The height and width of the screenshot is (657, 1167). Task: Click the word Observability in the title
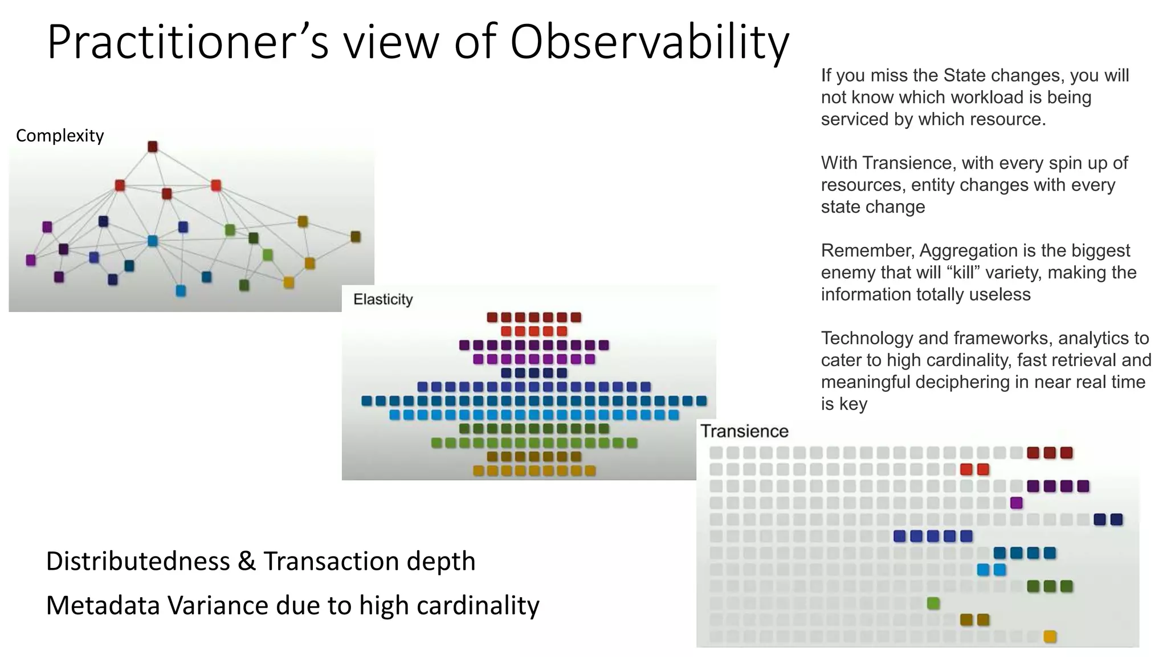tap(649, 43)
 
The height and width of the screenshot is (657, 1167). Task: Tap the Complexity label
tap(60, 136)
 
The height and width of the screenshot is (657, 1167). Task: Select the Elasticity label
tap(383, 299)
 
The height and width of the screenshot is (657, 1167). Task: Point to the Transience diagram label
tap(744, 431)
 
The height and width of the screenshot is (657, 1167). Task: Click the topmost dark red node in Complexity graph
tap(153, 147)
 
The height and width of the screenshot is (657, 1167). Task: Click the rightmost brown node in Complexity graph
tap(356, 237)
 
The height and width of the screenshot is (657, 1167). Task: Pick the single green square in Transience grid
tap(933, 603)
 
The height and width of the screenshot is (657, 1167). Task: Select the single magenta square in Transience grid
tap(1016, 503)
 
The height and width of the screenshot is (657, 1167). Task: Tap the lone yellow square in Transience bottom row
tap(1050, 636)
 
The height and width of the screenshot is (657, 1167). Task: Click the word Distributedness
tap(138, 561)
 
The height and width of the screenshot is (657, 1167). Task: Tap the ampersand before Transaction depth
tap(247, 561)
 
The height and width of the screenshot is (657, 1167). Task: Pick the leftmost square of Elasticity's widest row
tap(367, 401)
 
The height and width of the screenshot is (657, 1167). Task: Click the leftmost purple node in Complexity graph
tap(31, 260)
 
